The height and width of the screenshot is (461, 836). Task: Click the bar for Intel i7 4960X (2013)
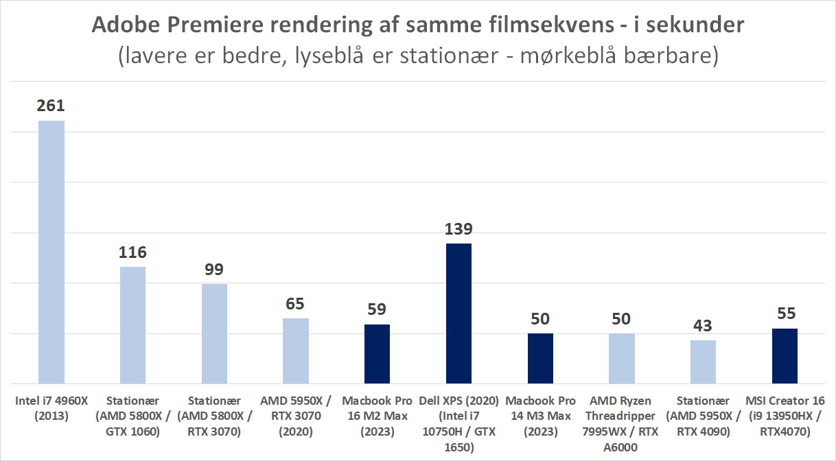coord(51,252)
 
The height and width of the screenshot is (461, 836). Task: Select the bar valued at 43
coord(703,362)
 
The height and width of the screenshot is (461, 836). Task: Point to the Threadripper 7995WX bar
coord(622,358)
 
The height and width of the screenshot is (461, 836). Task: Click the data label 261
coord(51,106)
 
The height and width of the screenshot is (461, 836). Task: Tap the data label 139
coord(458,228)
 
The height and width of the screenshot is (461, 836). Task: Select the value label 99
coord(214,269)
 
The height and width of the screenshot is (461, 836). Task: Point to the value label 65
coord(295,303)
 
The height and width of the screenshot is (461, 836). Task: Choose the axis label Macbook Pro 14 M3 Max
coord(540,416)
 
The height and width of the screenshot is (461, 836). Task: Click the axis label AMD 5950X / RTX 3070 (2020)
coord(295,416)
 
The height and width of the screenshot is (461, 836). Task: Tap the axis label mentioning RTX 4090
coord(703,416)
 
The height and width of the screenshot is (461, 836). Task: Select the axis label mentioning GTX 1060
coord(132,416)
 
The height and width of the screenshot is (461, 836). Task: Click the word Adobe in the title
coord(121,26)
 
